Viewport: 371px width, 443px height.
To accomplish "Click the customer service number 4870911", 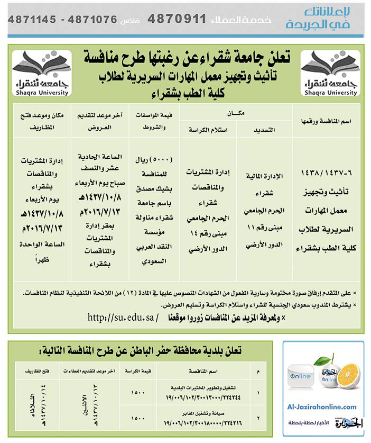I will pos(176,19).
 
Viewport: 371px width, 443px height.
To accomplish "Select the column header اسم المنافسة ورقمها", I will pos(326,122).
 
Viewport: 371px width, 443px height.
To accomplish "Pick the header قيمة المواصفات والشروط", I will pos(154,121).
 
